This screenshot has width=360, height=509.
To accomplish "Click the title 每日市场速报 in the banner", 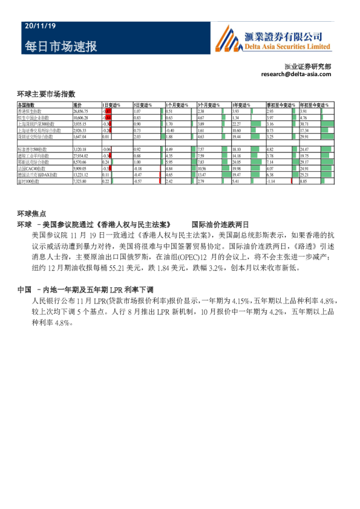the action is pyautogui.click(x=61, y=47).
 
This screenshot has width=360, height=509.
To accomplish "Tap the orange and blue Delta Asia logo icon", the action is pyautogui.click(x=226, y=40).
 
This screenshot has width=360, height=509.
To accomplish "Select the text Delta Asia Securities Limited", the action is pyautogui.click(x=287, y=47).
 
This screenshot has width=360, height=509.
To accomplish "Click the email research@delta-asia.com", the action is pyautogui.click(x=296, y=74).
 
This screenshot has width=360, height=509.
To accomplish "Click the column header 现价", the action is pyautogui.click(x=77, y=106).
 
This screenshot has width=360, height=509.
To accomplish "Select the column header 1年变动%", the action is pyautogui.click(x=243, y=106).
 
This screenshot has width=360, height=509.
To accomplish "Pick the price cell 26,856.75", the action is pyautogui.click(x=80, y=112).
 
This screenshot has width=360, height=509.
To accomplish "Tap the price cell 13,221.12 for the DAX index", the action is pyautogui.click(x=80, y=174).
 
